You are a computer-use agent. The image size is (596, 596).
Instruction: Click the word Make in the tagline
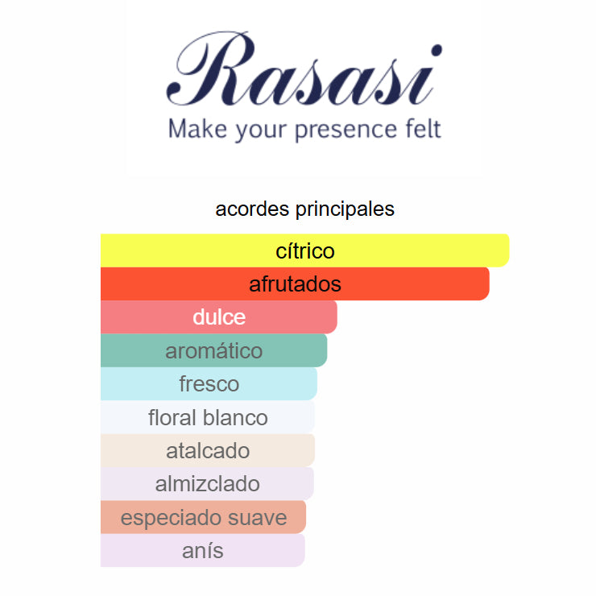pos(197,129)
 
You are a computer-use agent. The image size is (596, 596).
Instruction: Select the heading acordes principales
pos(304,209)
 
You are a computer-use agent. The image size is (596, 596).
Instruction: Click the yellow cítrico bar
pos(304,250)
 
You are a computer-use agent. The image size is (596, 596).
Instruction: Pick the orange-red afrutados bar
pos(295,284)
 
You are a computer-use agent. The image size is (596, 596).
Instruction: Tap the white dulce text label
pos(219,317)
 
